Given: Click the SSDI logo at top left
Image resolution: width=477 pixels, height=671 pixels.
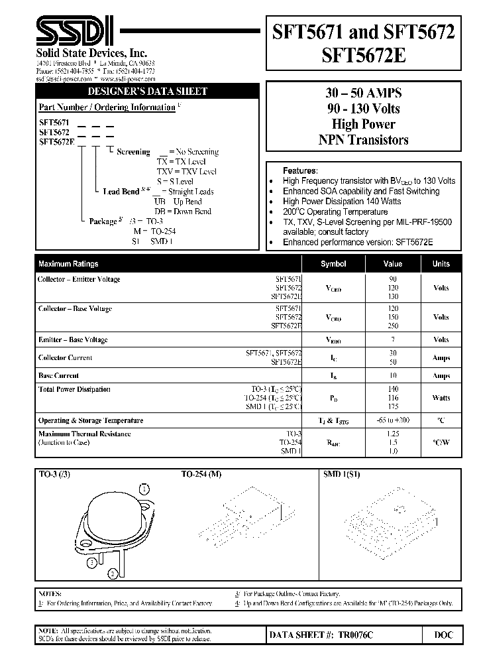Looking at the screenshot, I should tap(74, 32).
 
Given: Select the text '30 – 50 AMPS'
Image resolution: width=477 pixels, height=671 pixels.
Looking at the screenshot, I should tap(364, 93).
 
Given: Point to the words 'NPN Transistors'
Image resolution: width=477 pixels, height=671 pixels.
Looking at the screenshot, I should tap(364, 140).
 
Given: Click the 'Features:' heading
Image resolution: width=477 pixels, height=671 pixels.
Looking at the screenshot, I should tap(300, 170).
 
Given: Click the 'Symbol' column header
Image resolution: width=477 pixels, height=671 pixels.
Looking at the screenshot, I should tap(333, 264).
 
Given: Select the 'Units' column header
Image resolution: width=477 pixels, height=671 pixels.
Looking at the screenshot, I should tap(441, 264).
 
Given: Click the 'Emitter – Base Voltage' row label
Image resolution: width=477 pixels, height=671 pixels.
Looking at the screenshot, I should tap(73, 340).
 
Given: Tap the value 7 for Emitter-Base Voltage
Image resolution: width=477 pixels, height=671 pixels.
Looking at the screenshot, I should tap(393, 340).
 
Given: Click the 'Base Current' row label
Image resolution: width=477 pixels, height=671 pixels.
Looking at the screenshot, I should tap(59, 376).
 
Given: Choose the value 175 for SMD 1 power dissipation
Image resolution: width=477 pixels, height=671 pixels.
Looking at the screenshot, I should tap(393, 406).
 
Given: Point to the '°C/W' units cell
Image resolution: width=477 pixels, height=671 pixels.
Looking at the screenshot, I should tap(441, 442).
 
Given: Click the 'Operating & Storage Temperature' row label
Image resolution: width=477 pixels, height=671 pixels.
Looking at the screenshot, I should tap(91, 420).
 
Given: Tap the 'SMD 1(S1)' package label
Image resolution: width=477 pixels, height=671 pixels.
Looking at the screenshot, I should tap(341, 475).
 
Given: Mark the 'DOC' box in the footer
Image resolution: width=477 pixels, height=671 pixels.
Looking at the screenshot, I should tap(443, 635).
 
